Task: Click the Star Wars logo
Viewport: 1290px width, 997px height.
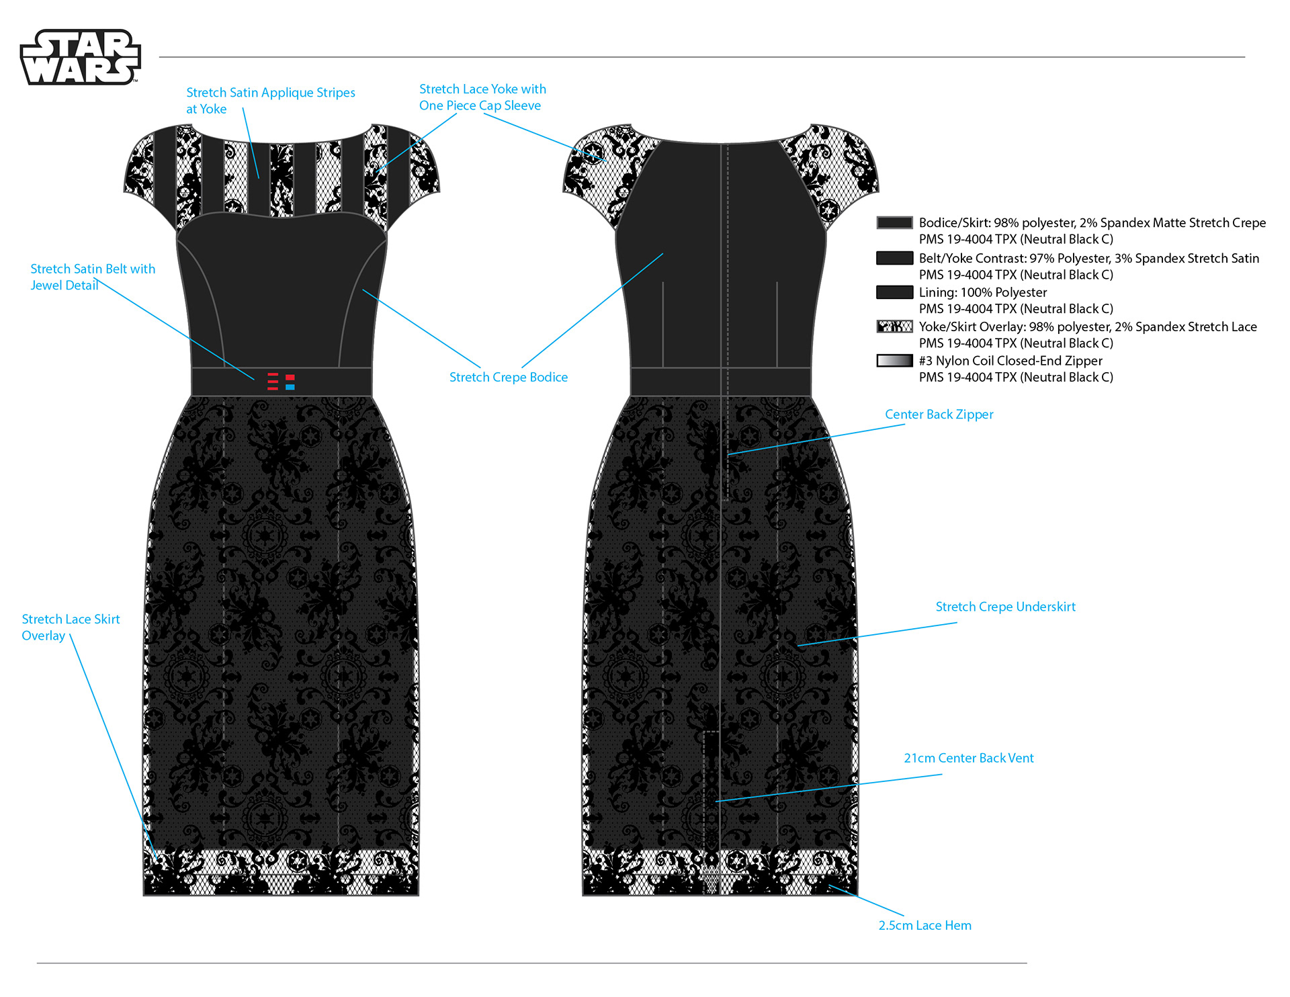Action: click(81, 57)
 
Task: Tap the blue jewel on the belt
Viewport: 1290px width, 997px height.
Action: click(290, 387)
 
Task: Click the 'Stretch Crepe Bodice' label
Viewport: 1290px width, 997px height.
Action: click(509, 377)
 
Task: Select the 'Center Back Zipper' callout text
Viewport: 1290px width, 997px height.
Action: click(939, 415)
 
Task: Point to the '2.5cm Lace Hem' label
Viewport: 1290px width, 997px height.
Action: click(924, 925)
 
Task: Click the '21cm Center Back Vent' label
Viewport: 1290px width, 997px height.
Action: click(968, 758)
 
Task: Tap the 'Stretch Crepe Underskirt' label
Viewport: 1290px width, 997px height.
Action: click(1005, 607)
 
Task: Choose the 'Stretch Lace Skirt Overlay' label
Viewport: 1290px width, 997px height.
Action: click(71, 627)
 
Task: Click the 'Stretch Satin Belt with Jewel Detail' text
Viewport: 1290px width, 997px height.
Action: click(93, 277)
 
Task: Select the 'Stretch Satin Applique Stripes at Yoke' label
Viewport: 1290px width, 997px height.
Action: click(271, 101)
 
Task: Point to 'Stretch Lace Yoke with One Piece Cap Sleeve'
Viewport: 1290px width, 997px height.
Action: click(482, 97)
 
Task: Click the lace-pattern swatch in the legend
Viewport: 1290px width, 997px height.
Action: click(894, 327)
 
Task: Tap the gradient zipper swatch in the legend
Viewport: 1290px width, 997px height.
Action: click(894, 361)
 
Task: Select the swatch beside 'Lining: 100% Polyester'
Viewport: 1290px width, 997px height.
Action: click(894, 292)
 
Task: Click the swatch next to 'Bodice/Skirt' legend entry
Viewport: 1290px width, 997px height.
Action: click(894, 223)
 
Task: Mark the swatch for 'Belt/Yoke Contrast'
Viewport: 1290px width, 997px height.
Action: click(894, 258)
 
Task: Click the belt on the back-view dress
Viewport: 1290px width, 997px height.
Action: click(720, 382)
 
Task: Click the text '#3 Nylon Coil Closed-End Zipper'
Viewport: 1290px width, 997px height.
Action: click(1010, 361)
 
